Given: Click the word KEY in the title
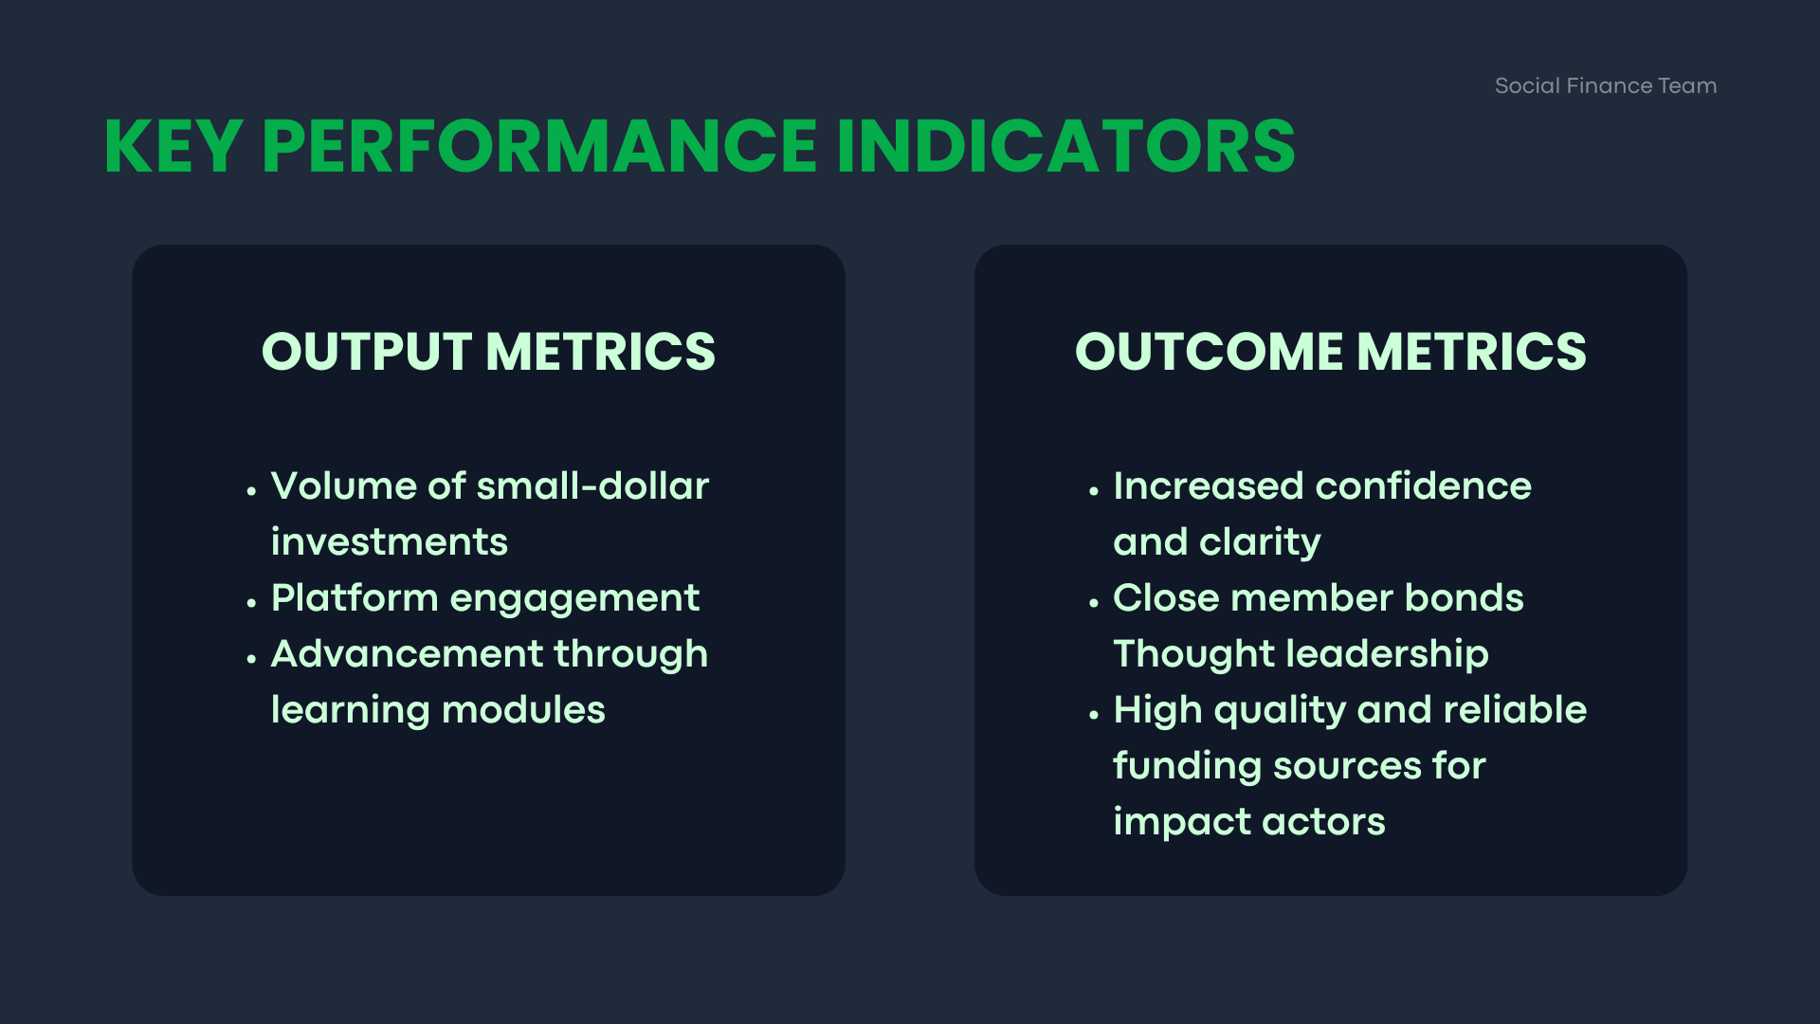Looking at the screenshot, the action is click(x=173, y=147).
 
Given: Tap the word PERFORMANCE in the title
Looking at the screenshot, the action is click(x=539, y=147).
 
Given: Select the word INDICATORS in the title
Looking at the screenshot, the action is click(x=1065, y=147).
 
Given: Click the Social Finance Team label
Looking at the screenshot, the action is click(x=1606, y=85).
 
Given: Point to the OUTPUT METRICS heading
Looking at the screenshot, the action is click(x=488, y=352).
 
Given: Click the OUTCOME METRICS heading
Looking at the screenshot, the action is click(x=1330, y=352).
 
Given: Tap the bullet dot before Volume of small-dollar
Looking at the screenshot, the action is click(x=251, y=491).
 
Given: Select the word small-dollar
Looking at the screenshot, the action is click(x=592, y=486).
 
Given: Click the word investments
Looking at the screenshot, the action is click(x=390, y=542).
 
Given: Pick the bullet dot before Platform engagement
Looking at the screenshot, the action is click(x=251, y=603).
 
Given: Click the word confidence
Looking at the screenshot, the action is click(x=1424, y=486).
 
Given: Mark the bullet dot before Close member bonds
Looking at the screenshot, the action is click(x=1094, y=603).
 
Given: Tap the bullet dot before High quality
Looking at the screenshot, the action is click(x=1094, y=715).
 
